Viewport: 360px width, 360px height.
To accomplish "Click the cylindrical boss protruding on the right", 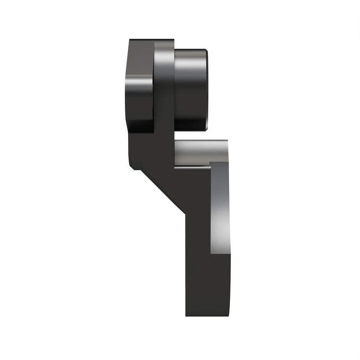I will click(191, 90).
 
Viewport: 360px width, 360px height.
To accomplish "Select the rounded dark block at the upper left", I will click(140, 86).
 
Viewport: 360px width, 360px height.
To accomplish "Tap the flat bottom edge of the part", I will click(209, 316).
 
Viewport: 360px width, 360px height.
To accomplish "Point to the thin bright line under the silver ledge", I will click(192, 168).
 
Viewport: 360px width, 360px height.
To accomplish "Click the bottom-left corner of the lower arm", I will click(186, 315).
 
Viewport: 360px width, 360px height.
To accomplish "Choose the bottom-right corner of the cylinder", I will click(207, 130).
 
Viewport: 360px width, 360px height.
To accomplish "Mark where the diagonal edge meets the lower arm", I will click(185, 214).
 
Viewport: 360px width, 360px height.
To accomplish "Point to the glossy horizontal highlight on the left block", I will click(139, 77).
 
